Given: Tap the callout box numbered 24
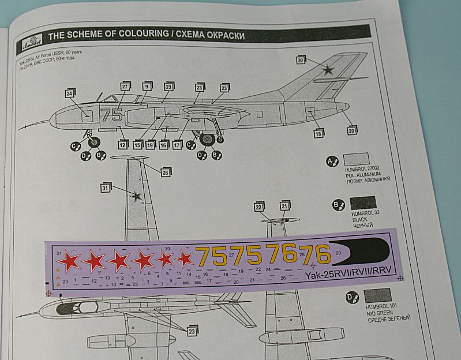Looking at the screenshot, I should (69, 93).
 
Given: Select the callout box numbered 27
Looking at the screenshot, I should (125, 87).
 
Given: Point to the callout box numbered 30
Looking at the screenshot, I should (301, 60).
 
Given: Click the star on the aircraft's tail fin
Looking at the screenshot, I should (328, 70).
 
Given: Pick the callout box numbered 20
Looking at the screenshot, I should (351, 131).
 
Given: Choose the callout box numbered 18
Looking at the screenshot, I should (318, 134).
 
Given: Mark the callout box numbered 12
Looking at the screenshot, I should (122, 145).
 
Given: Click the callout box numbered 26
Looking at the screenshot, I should (165, 172).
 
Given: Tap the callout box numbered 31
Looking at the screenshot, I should (105, 187).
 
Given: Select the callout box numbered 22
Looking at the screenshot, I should (258, 207).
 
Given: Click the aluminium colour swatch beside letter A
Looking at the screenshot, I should (356, 160).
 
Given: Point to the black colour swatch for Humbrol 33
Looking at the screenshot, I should (362, 203).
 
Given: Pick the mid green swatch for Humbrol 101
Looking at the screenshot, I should (378, 295).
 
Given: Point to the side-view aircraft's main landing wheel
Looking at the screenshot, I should (208, 139).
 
